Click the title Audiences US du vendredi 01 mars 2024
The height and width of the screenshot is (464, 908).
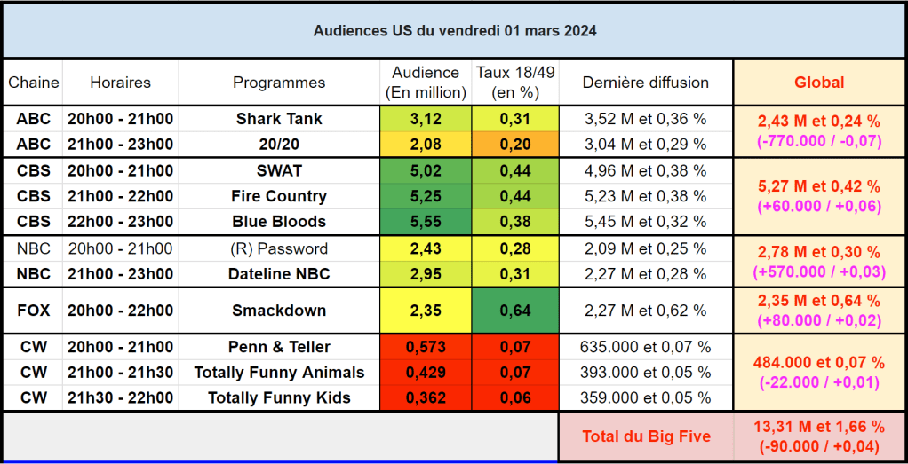pyautogui.click(x=454, y=31)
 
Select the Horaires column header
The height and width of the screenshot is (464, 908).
pyautogui.click(x=120, y=83)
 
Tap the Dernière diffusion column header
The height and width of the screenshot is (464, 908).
pyautogui.click(x=646, y=83)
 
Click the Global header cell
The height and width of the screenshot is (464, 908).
pyautogui.click(x=819, y=83)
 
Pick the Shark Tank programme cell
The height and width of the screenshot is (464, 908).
pyautogui.click(x=279, y=119)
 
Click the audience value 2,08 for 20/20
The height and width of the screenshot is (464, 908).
pyautogui.click(x=425, y=145)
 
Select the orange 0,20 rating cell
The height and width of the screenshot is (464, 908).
pyautogui.click(x=515, y=145)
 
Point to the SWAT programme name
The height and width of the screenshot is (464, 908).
pyautogui.click(x=279, y=170)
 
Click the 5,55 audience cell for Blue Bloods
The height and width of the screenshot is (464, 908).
pyautogui.click(x=425, y=222)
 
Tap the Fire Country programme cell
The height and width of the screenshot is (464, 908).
pyautogui.click(x=279, y=196)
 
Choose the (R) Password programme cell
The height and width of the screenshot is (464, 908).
pyautogui.click(x=279, y=248)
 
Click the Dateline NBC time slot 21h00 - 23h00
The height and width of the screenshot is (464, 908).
pyautogui.click(x=120, y=274)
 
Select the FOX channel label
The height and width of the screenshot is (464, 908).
pyautogui.click(x=34, y=311)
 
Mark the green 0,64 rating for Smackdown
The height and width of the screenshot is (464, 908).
pyautogui.click(x=515, y=311)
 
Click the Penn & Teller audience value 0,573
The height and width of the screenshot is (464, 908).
pyautogui.click(x=425, y=347)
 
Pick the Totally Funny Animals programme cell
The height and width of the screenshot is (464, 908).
pyautogui.click(x=279, y=373)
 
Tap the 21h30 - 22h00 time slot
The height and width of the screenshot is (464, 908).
pyautogui.click(x=120, y=398)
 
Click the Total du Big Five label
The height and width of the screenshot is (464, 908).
pyautogui.click(x=646, y=436)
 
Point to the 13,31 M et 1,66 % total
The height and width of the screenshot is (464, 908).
pyautogui.click(x=819, y=427)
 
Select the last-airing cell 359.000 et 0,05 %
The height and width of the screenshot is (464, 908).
pyautogui.click(x=646, y=398)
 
